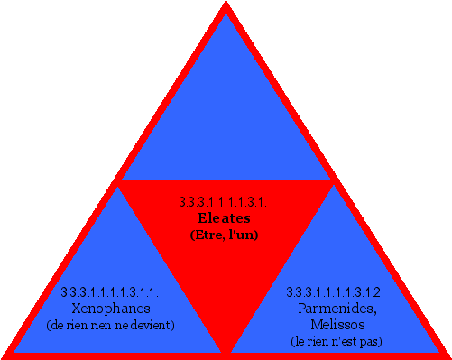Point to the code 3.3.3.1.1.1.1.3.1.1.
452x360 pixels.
click(110, 292)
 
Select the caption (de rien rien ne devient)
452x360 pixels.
click(110, 324)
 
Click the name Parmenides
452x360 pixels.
click(336, 308)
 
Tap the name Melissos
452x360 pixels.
click(336, 324)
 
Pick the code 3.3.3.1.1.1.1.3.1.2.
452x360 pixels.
click(336, 292)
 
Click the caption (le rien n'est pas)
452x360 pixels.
click(336, 341)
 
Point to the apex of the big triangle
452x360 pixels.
click(226, 5)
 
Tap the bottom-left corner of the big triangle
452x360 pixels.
click(5, 355)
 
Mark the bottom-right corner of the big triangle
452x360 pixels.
click(447, 355)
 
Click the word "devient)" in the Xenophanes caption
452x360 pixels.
click(154, 324)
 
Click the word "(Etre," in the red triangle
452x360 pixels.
click(207, 235)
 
